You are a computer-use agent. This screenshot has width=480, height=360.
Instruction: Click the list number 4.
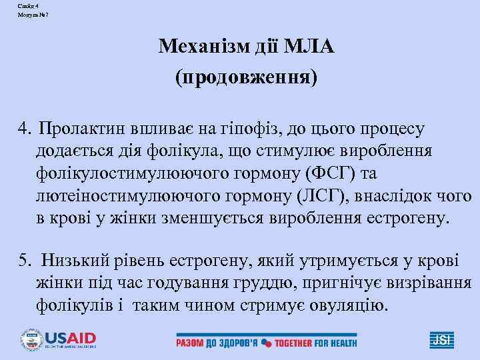tap(24, 127)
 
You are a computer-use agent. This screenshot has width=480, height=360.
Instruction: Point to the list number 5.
tap(24, 262)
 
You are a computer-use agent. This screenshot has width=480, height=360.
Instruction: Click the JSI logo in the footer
tap(443, 339)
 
